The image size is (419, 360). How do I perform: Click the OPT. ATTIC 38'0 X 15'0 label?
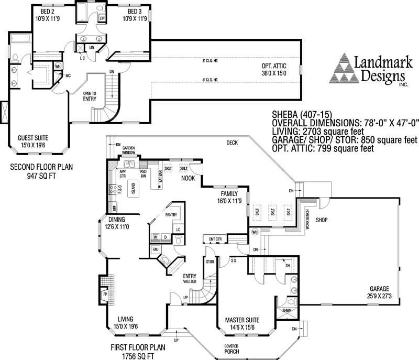274,69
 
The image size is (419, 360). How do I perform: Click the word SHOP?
321,220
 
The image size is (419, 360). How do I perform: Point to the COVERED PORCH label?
231,350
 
